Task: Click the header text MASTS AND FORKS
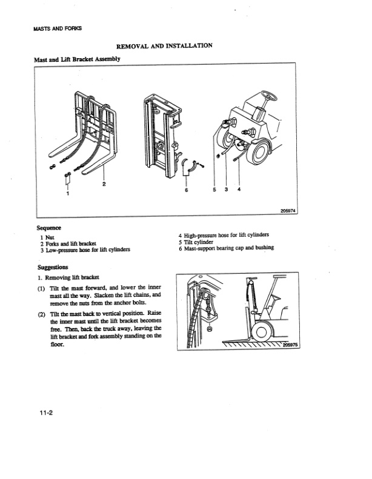pos(54,28)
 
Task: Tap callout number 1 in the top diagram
pos(67,194)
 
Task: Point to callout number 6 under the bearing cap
pos(187,189)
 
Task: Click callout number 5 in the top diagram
pos(214,189)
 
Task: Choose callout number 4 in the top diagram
pos(239,189)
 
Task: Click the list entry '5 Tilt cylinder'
pos(196,242)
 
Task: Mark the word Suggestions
pos(52,267)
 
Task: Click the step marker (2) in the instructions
pos(41,315)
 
